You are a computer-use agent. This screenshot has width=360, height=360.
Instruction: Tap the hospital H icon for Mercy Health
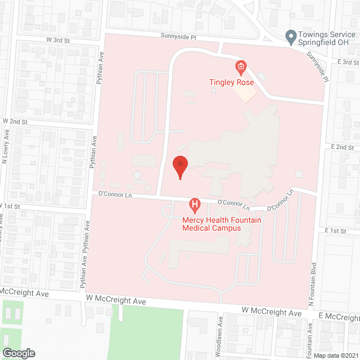195,205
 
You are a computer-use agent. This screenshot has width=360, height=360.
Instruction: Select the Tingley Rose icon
241,69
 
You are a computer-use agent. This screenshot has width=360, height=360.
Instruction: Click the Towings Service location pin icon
291,38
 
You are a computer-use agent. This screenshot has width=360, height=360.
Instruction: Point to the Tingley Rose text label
232,82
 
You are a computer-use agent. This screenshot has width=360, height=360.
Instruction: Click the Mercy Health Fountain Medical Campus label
221,224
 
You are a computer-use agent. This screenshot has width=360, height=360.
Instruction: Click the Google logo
18,353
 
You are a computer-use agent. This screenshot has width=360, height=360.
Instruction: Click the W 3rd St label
58,40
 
